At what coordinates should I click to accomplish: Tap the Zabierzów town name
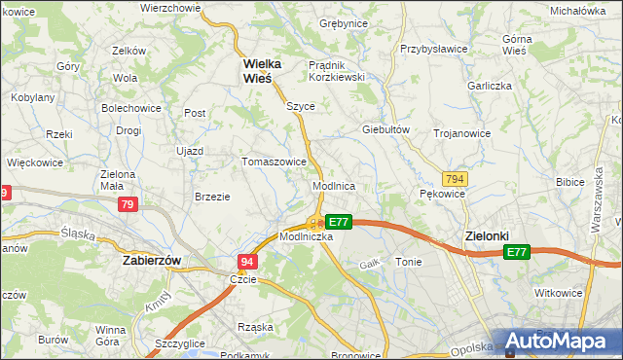click(154, 261)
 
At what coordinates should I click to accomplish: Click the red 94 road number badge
click(247, 261)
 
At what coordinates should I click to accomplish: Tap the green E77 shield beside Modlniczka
click(338, 222)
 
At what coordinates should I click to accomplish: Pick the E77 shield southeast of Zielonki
click(516, 253)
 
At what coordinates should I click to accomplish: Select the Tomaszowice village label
click(275, 162)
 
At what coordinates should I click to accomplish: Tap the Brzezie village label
click(212, 196)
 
